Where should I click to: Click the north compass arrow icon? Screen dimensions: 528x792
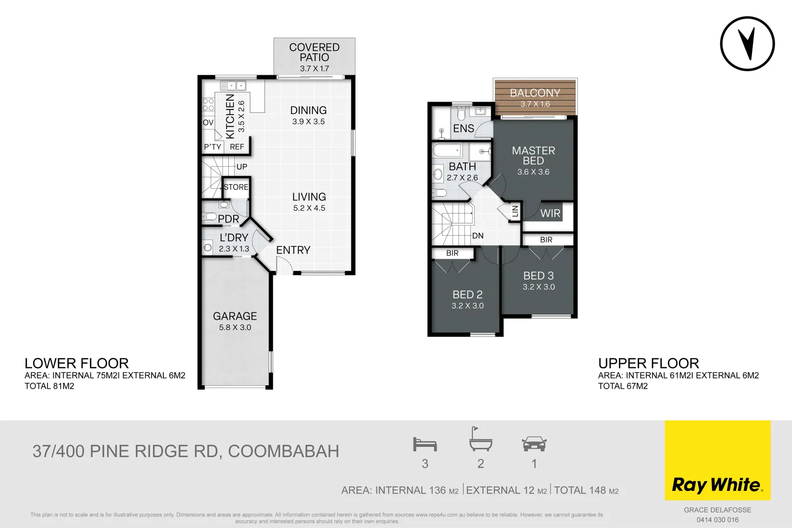pyautogui.click(x=747, y=44)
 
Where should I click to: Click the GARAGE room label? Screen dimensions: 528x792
pyautogui.click(x=235, y=316)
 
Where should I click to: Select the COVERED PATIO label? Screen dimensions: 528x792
pyautogui.click(x=314, y=52)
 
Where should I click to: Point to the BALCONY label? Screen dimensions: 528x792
pyautogui.click(x=535, y=93)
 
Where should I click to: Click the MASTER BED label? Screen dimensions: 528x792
pyautogui.click(x=533, y=155)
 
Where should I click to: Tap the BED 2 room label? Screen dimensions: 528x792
pyautogui.click(x=467, y=294)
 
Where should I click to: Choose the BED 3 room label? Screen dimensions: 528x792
pyautogui.click(x=538, y=276)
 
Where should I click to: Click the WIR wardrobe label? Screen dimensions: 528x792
pyautogui.click(x=550, y=213)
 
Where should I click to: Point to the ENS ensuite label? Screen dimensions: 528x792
pyautogui.click(x=463, y=129)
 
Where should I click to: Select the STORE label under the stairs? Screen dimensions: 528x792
pyautogui.click(x=236, y=187)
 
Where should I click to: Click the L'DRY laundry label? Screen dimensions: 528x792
pyautogui.click(x=234, y=238)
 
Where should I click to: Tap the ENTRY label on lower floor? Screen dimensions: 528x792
pyautogui.click(x=293, y=250)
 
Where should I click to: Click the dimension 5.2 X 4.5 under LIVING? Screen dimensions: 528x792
pyautogui.click(x=309, y=208)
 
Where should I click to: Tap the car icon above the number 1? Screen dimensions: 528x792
pyautogui.click(x=534, y=444)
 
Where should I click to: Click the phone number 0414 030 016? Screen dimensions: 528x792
pyautogui.click(x=717, y=520)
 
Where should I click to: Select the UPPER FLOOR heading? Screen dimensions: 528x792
pyautogui.click(x=648, y=363)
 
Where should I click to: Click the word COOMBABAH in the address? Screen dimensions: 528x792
pyautogui.click(x=284, y=451)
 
